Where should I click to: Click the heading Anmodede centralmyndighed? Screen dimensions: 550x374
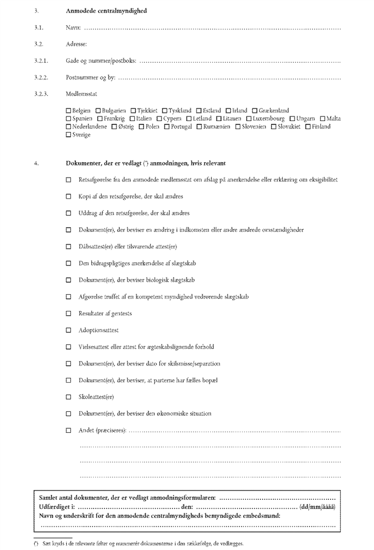(107, 11)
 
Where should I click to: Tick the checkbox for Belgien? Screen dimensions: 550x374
(69, 111)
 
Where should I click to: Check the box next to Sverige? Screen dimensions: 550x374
(69, 135)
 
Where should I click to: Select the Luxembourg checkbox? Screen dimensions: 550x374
(249, 119)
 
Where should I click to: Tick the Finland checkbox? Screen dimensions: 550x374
(308, 127)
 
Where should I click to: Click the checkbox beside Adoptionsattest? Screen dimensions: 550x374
(69, 330)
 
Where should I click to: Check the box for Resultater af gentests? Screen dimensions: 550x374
(69, 314)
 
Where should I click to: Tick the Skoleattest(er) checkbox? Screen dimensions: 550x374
(69, 397)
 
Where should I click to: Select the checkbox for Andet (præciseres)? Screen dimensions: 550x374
(69, 430)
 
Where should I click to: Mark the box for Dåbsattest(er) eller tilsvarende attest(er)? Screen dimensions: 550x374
(69, 247)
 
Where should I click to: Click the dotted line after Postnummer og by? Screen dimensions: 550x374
(228, 77)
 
